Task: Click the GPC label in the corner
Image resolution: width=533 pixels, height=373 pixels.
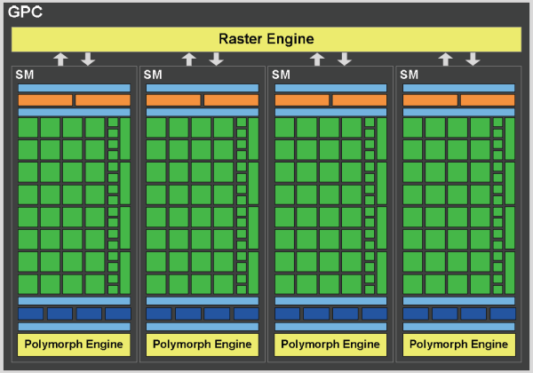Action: tap(25, 13)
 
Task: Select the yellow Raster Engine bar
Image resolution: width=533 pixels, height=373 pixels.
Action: tap(266, 39)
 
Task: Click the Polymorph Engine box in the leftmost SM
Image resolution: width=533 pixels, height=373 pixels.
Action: tap(74, 344)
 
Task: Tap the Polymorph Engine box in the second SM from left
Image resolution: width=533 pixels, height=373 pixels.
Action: tap(203, 344)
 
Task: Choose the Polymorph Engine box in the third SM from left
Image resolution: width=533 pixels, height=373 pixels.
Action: tap(330, 344)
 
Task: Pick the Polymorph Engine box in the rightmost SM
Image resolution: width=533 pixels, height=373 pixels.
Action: tap(458, 344)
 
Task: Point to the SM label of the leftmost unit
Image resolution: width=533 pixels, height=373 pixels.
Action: tap(26, 75)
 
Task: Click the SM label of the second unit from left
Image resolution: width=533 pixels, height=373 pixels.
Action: tap(154, 75)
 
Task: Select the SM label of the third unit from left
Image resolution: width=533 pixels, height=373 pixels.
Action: tap(282, 75)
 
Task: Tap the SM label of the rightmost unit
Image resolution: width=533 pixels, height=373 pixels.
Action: tap(410, 75)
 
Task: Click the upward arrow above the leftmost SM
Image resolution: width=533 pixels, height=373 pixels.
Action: tap(60, 59)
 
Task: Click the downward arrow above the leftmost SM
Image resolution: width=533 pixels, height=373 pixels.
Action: tap(88, 59)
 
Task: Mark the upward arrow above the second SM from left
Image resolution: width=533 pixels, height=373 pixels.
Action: tap(188, 59)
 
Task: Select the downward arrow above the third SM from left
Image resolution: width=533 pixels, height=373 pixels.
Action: tap(345, 59)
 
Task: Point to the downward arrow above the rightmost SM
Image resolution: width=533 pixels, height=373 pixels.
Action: tap(473, 59)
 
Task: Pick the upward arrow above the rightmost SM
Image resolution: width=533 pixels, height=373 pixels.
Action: tap(445, 59)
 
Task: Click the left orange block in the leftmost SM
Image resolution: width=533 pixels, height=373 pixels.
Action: tap(45, 100)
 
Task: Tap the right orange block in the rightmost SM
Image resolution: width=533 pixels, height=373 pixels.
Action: tap(487, 100)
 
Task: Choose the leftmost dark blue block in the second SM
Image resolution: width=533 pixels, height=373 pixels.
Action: tap(158, 313)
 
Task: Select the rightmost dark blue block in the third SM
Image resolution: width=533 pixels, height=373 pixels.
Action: tap(374, 313)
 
